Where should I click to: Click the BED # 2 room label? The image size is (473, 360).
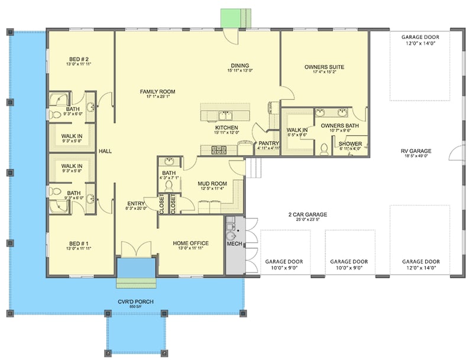pyautogui.click(x=80, y=59)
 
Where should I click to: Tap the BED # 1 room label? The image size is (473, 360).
pyautogui.click(x=80, y=243)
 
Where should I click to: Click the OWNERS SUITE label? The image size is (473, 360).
pyautogui.click(x=324, y=67)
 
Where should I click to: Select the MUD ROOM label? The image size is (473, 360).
pyautogui.click(x=211, y=184)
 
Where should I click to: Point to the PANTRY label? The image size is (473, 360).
pyautogui.click(x=268, y=142)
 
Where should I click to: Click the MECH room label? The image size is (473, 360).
pyautogui.click(x=233, y=243)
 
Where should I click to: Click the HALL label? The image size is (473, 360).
pyautogui.click(x=105, y=151)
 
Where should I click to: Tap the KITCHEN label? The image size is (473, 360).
pyautogui.click(x=226, y=128)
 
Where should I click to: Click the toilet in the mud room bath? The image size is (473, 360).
pyautogui.click(x=167, y=186)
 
